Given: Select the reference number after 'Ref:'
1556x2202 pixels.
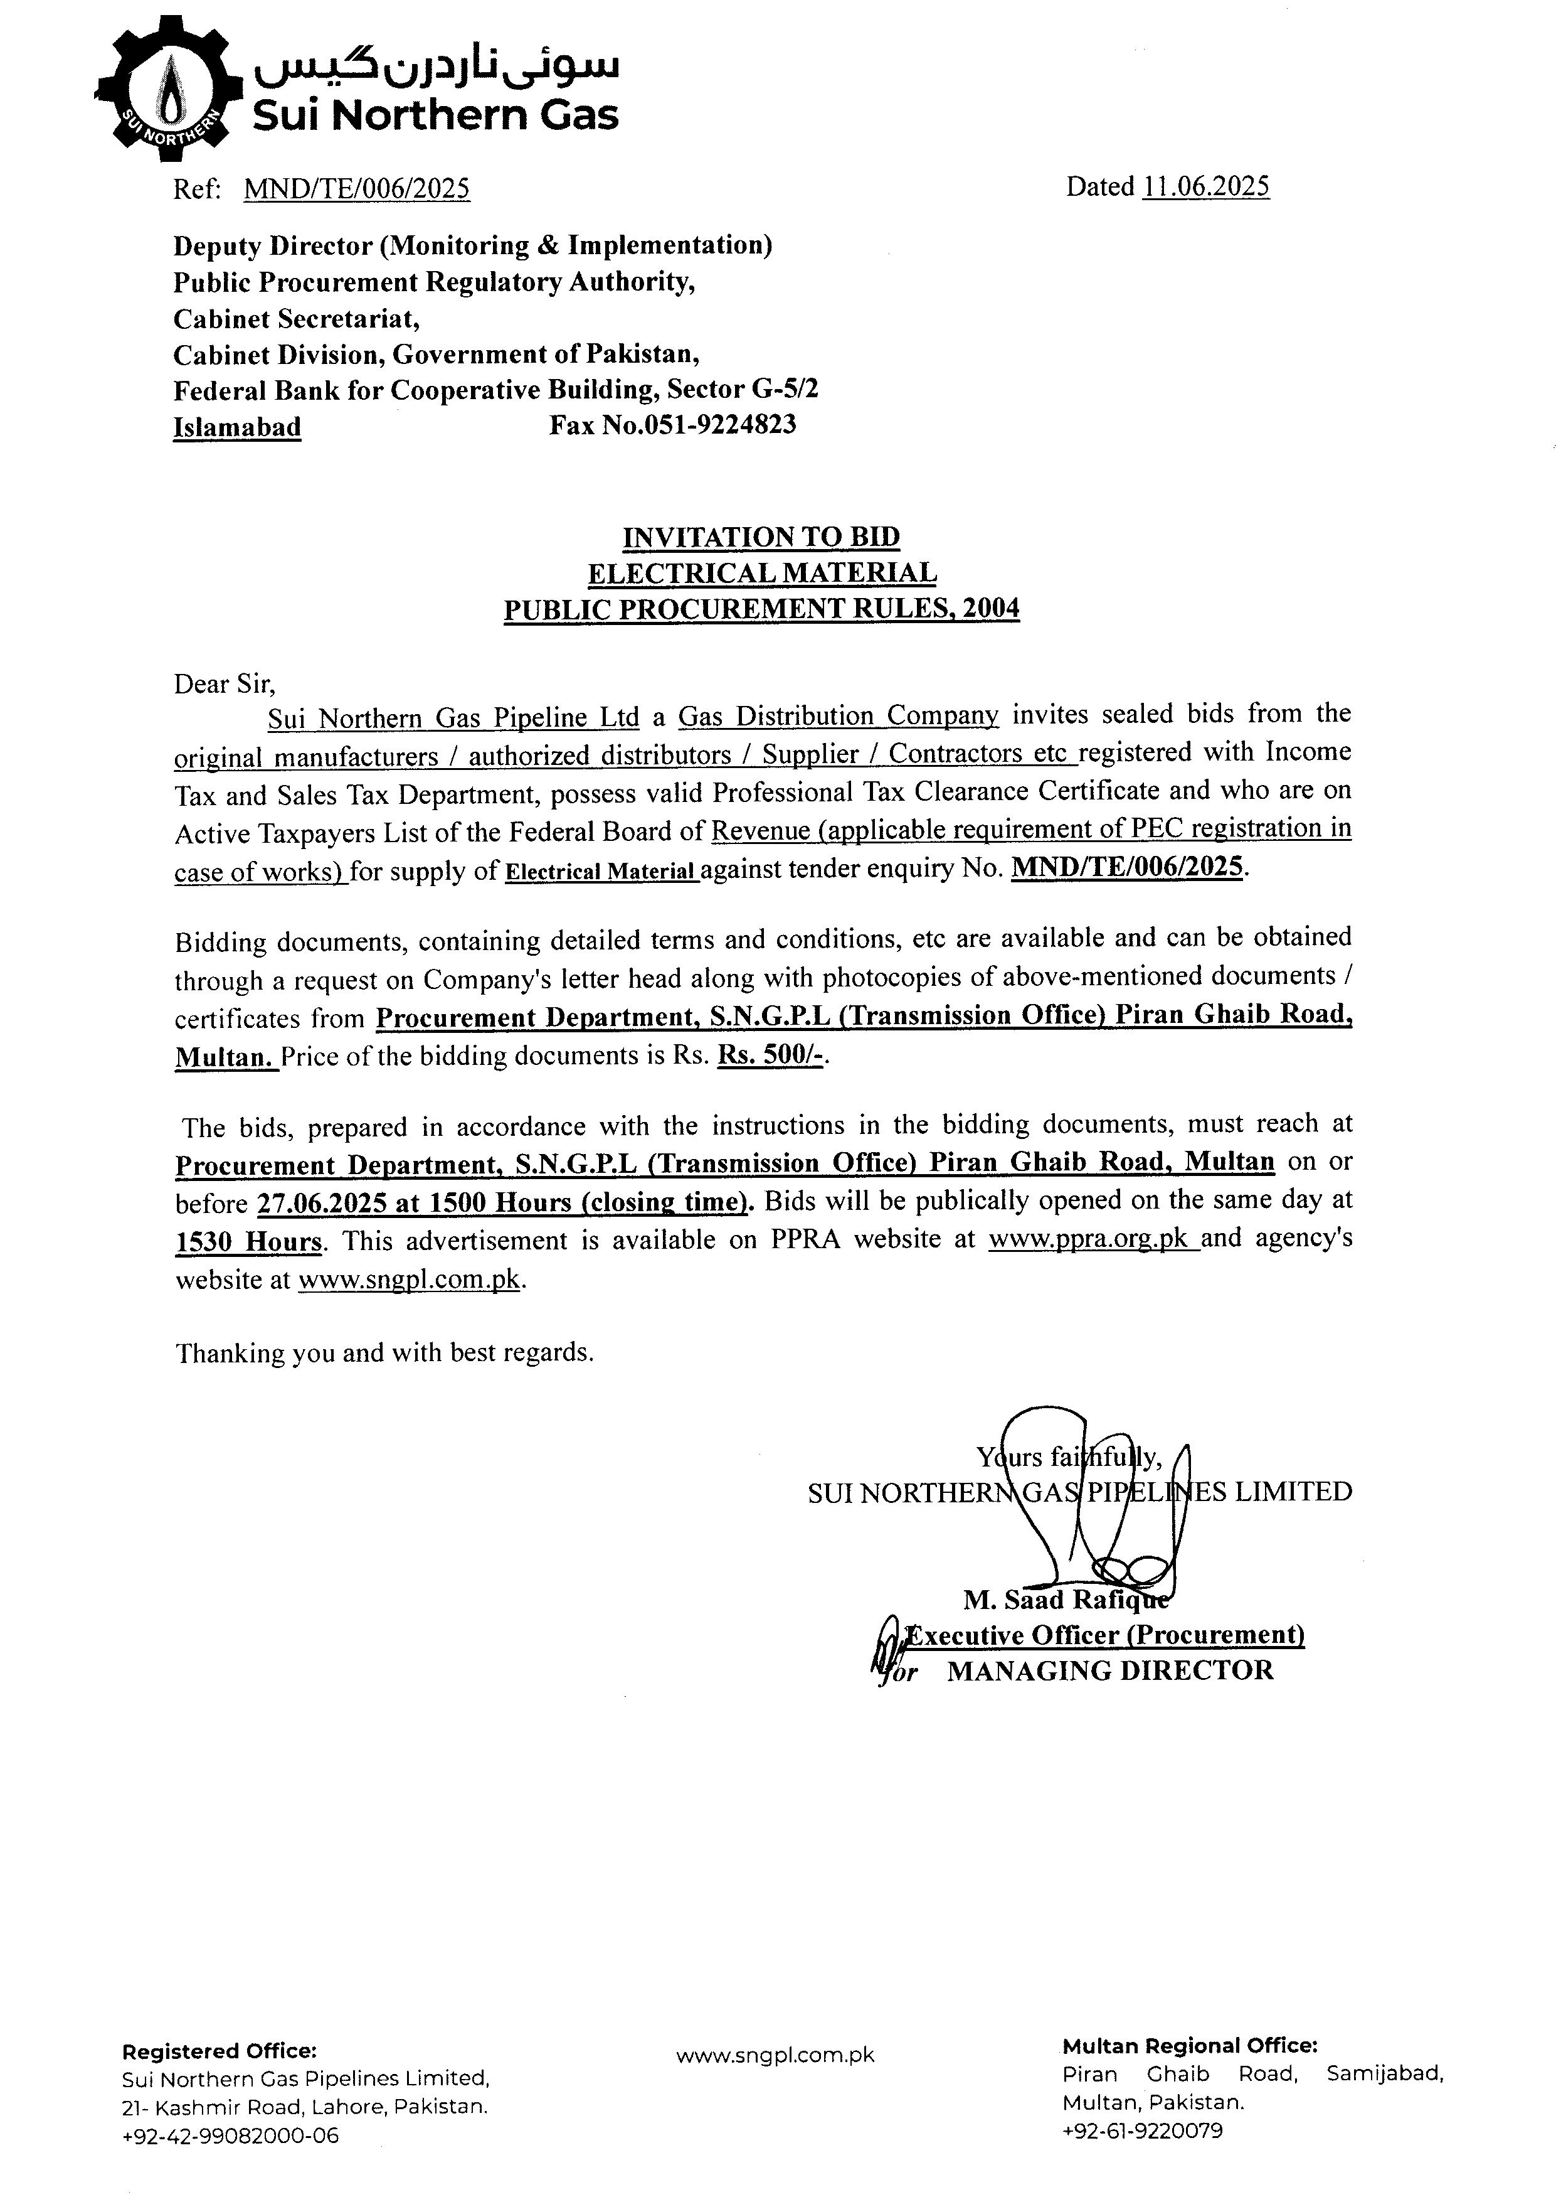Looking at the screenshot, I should pos(357,189).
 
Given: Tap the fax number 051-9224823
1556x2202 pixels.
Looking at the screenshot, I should pos(700,425).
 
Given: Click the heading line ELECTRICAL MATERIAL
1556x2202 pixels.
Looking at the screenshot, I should pos(761,572).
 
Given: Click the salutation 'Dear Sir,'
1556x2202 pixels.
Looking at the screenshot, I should pos(225,684).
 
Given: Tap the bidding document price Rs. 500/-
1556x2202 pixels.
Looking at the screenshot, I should pos(771,1056).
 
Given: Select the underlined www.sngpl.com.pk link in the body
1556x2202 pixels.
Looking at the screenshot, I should pos(410,1280).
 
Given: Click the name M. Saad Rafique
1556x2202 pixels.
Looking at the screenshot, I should pos(1064,1600).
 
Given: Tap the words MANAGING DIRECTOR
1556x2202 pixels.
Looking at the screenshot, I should pos(1110,1670).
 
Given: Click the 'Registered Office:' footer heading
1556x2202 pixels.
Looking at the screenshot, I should pos(219,2051).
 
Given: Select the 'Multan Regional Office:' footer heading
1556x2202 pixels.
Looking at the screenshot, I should pos(1189,2046).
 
